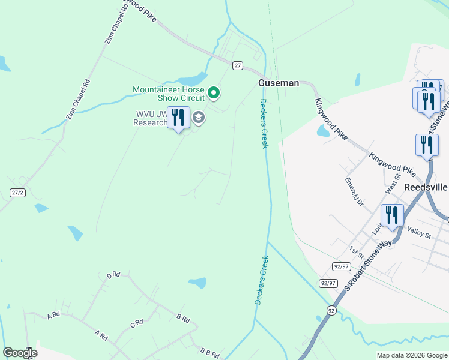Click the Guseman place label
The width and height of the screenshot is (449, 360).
coord(278,83)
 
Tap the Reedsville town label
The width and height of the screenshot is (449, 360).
coord(426,187)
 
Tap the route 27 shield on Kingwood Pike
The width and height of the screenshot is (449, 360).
coord(238,65)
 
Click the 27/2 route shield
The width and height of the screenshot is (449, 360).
coord(17,193)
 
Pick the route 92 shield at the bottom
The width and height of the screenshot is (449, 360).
coord(331,310)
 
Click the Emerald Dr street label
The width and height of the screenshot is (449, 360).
coord(354,190)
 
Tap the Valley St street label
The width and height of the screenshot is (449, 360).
coord(419,232)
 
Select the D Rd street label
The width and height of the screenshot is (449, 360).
coord(113,275)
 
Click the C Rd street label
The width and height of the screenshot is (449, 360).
coord(136,323)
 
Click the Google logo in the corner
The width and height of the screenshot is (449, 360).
coord(20,353)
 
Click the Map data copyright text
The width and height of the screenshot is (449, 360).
coord(411,355)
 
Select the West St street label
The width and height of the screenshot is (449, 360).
coord(391,185)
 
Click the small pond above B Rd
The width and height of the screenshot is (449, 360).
coord(197,282)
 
